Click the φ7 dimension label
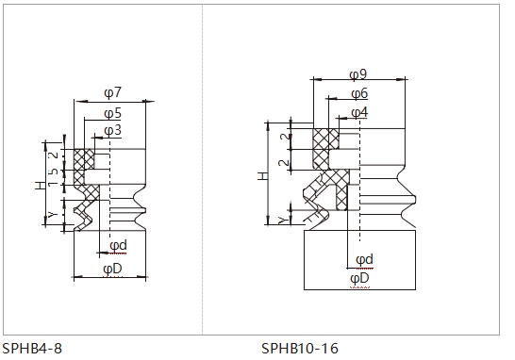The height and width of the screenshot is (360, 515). coord(112,92)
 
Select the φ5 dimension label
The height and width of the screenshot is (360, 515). coord(112,113)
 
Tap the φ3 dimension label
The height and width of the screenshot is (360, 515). coord(112,131)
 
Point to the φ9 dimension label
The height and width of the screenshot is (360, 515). coord(358,74)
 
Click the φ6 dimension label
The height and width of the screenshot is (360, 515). coord(359,94)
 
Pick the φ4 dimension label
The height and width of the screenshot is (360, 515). coord(359,113)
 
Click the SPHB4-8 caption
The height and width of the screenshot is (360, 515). coord(32,348)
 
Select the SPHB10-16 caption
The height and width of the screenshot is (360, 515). coord(300,348)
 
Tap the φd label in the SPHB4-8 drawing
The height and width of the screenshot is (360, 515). coord(118,245)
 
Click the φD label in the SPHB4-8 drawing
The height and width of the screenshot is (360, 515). coord(112,270)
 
